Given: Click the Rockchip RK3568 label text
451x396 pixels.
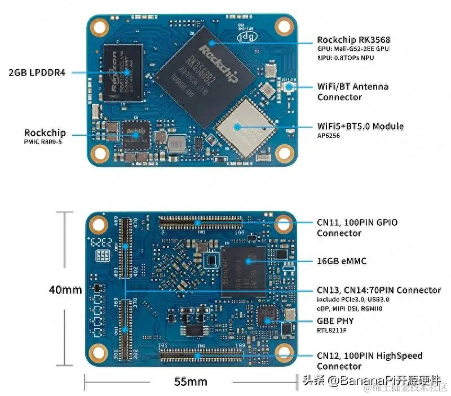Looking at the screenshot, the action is click(x=353, y=39).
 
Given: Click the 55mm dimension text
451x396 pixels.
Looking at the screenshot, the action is click(x=190, y=381).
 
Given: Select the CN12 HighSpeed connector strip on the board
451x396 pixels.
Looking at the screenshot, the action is click(x=200, y=354).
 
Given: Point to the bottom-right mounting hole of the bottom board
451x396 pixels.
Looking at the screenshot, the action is click(x=283, y=353).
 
